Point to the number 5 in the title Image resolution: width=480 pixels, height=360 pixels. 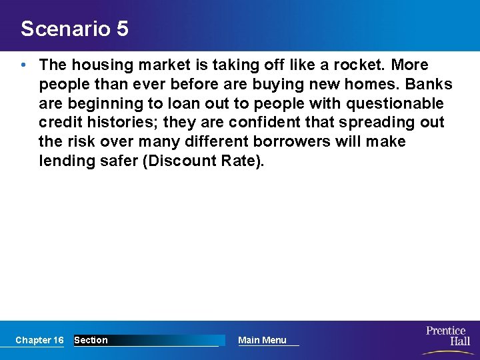[121, 29]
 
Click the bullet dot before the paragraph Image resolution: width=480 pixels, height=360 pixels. [24, 65]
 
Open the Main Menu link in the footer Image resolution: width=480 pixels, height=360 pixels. [262, 340]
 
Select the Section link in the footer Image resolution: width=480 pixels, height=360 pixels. [91, 340]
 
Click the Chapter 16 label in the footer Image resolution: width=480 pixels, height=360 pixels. [39, 340]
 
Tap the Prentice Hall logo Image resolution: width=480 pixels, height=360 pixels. [447, 337]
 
